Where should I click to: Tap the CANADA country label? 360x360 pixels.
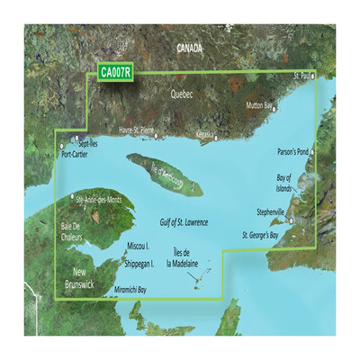coord(190,46)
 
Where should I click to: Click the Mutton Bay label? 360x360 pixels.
coord(259,106)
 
